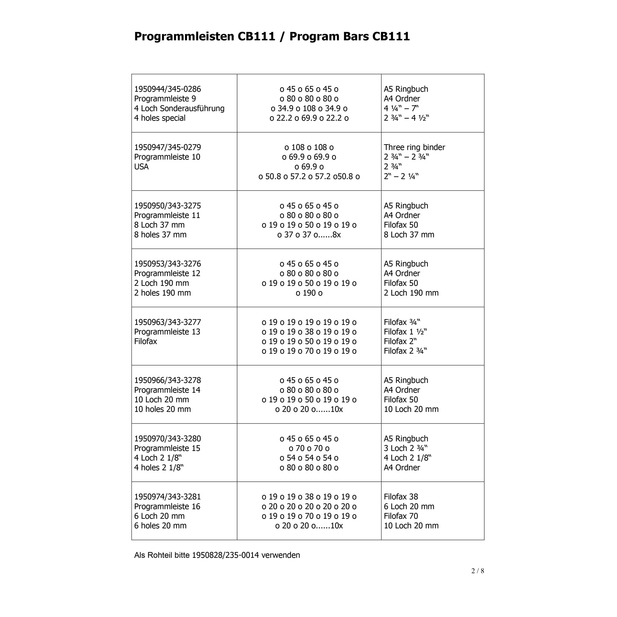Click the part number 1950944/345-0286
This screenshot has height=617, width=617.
point(167,89)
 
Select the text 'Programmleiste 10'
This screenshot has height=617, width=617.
point(167,157)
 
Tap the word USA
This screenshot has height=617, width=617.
point(141,166)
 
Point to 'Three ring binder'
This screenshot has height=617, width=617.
point(414,147)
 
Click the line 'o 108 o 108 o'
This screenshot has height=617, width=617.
point(309,147)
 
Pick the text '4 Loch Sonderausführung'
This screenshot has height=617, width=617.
point(179,108)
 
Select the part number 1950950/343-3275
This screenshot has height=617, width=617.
point(167,206)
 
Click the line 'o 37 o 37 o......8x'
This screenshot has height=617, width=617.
point(309,235)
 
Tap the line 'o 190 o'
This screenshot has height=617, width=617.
point(309,293)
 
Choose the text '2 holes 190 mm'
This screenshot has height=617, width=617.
point(162,293)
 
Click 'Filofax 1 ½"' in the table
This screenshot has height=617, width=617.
point(405,332)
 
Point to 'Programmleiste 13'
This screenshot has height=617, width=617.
point(167,332)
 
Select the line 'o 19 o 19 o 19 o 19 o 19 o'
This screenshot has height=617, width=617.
point(309,322)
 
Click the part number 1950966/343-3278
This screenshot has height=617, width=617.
point(167,380)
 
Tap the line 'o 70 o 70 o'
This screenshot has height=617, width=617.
point(309,448)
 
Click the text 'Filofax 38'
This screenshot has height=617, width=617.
point(401,497)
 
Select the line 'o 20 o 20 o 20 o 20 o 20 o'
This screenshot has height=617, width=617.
point(309,506)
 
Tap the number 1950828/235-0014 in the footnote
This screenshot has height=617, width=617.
point(225,555)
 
